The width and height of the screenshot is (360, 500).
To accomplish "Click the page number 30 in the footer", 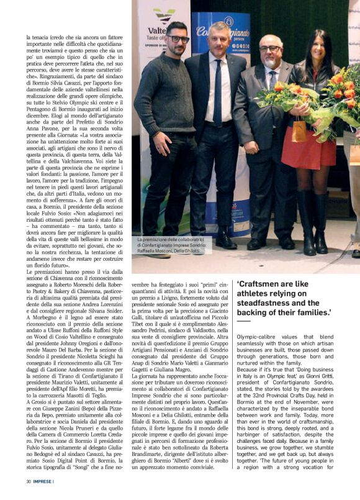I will [x=29, y=481].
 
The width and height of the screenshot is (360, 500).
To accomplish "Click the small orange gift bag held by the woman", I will [x=300, y=130].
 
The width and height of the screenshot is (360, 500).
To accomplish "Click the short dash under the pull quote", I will [x=243, y=321].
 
